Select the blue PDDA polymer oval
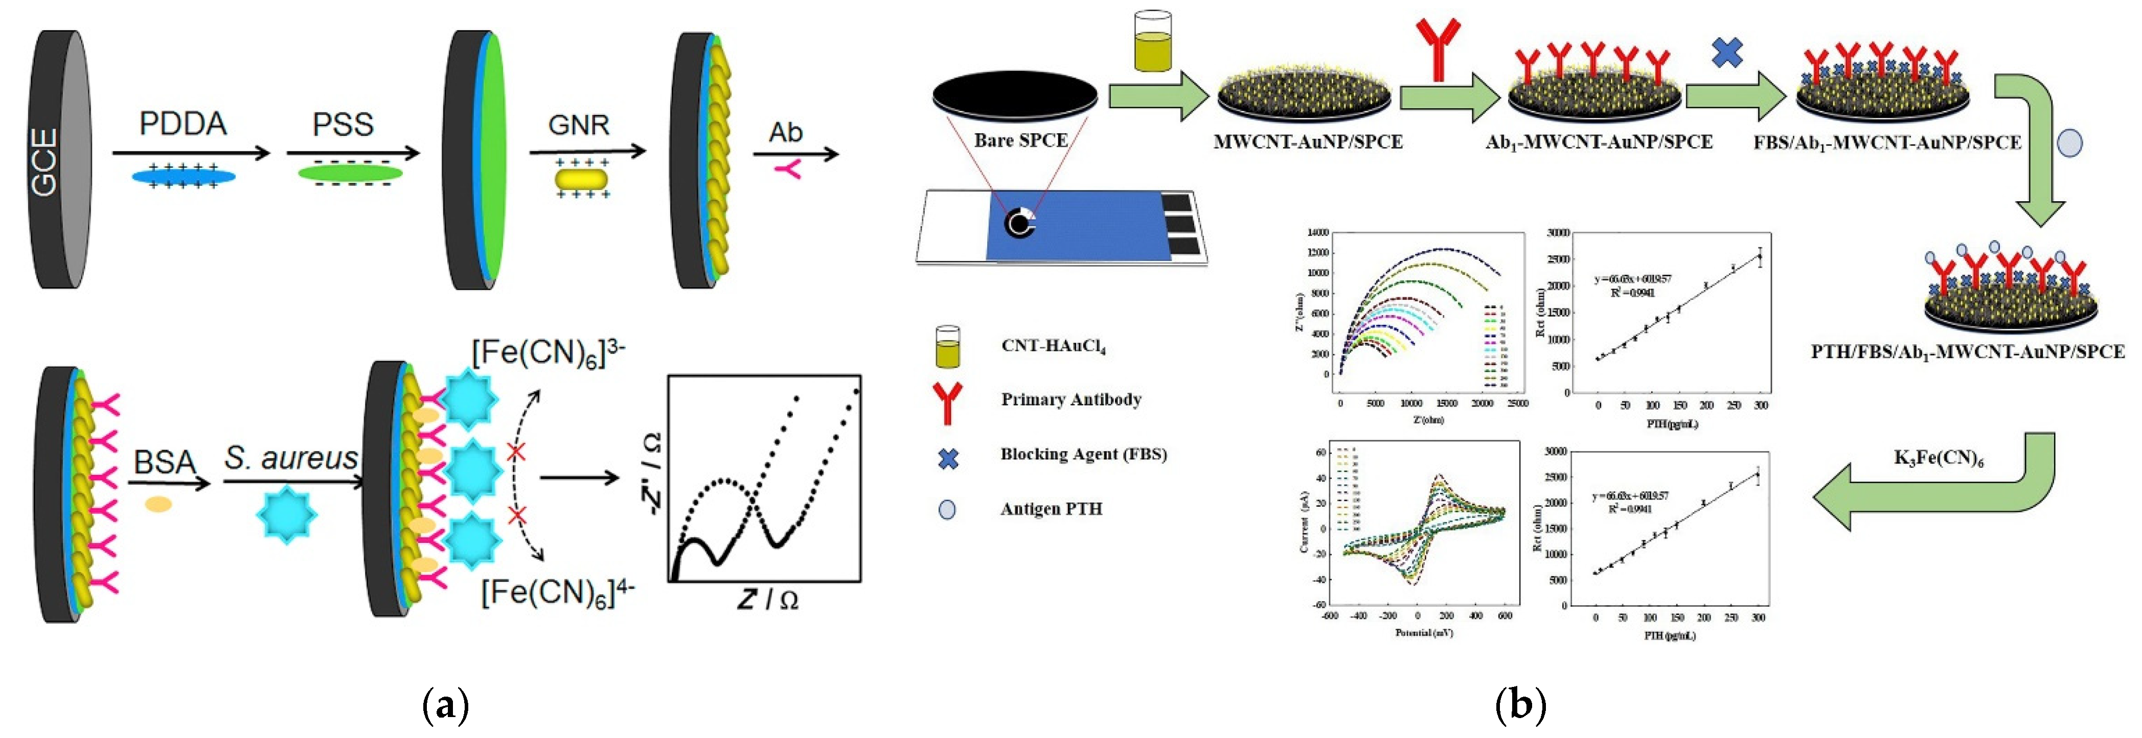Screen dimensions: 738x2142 183,176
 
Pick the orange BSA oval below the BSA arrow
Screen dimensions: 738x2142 158,504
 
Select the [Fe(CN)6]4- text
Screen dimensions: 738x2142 558,592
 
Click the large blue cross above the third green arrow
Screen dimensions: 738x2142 1727,53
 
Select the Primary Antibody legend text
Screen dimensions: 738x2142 1071,400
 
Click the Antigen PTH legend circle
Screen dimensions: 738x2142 946,510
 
